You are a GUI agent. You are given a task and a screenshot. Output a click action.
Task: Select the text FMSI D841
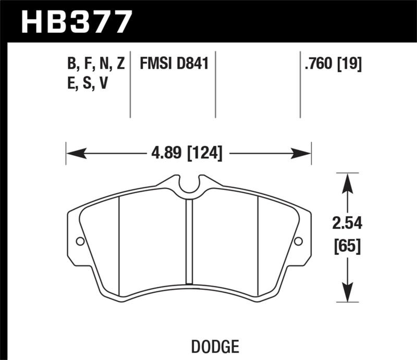tap(174, 65)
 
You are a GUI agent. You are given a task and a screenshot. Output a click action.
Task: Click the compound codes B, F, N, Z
tap(95, 65)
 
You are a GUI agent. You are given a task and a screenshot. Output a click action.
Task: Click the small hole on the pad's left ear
tap(80, 241)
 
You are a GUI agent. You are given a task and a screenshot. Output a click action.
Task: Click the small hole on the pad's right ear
tap(298, 241)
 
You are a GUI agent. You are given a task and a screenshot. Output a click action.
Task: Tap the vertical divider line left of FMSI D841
tap(130, 83)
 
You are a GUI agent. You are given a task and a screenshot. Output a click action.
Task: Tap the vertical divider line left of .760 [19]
tap(300, 83)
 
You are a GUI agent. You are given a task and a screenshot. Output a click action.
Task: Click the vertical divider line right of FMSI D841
tap(216, 83)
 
